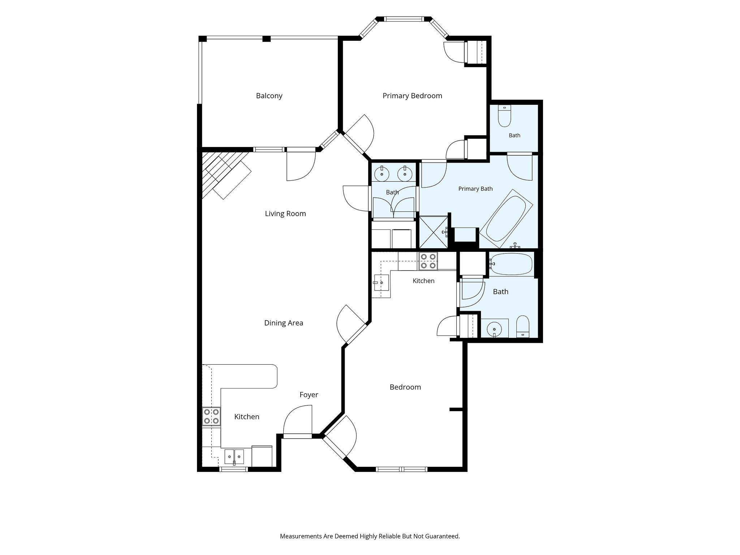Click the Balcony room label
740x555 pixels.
(x=269, y=96)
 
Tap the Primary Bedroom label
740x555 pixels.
(x=412, y=96)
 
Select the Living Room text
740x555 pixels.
(x=285, y=214)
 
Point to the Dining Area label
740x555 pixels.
(x=284, y=323)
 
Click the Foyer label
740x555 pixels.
(x=309, y=395)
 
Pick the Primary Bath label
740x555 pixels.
(x=476, y=189)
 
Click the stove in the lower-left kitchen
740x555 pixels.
(x=211, y=416)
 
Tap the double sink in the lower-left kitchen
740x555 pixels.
(x=234, y=457)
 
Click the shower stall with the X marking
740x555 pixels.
(x=433, y=232)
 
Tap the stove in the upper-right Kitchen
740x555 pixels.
(x=428, y=261)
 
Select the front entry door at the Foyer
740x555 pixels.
(x=297, y=422)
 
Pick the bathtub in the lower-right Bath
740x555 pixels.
(x=511, y=264)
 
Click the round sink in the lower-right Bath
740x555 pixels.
(x=493, y=329)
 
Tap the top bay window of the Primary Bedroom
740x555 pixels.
(x=403, y=19)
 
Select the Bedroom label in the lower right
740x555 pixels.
(x=405, y=387)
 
